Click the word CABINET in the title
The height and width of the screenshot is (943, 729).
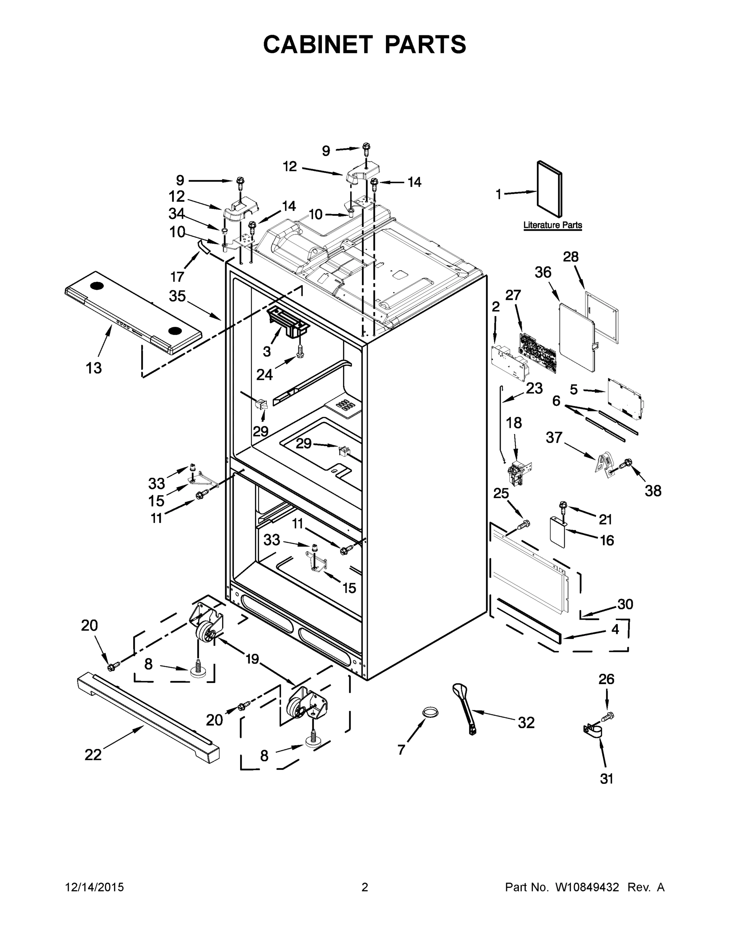[x=318, y=44]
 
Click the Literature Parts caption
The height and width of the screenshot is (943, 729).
[x=553, y=225]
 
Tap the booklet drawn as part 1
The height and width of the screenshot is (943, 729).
[x=549, y=189]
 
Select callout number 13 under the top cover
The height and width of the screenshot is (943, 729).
[x=94, y=368]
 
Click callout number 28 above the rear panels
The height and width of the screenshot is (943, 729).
[x=571, y=257]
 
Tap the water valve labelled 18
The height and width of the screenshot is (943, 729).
[x=520, y=471]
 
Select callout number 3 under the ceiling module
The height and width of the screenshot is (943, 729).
[x=267, y=352]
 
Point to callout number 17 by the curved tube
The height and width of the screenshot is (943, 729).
[x=177, y=276]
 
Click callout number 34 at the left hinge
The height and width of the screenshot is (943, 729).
[x=176, y=214]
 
